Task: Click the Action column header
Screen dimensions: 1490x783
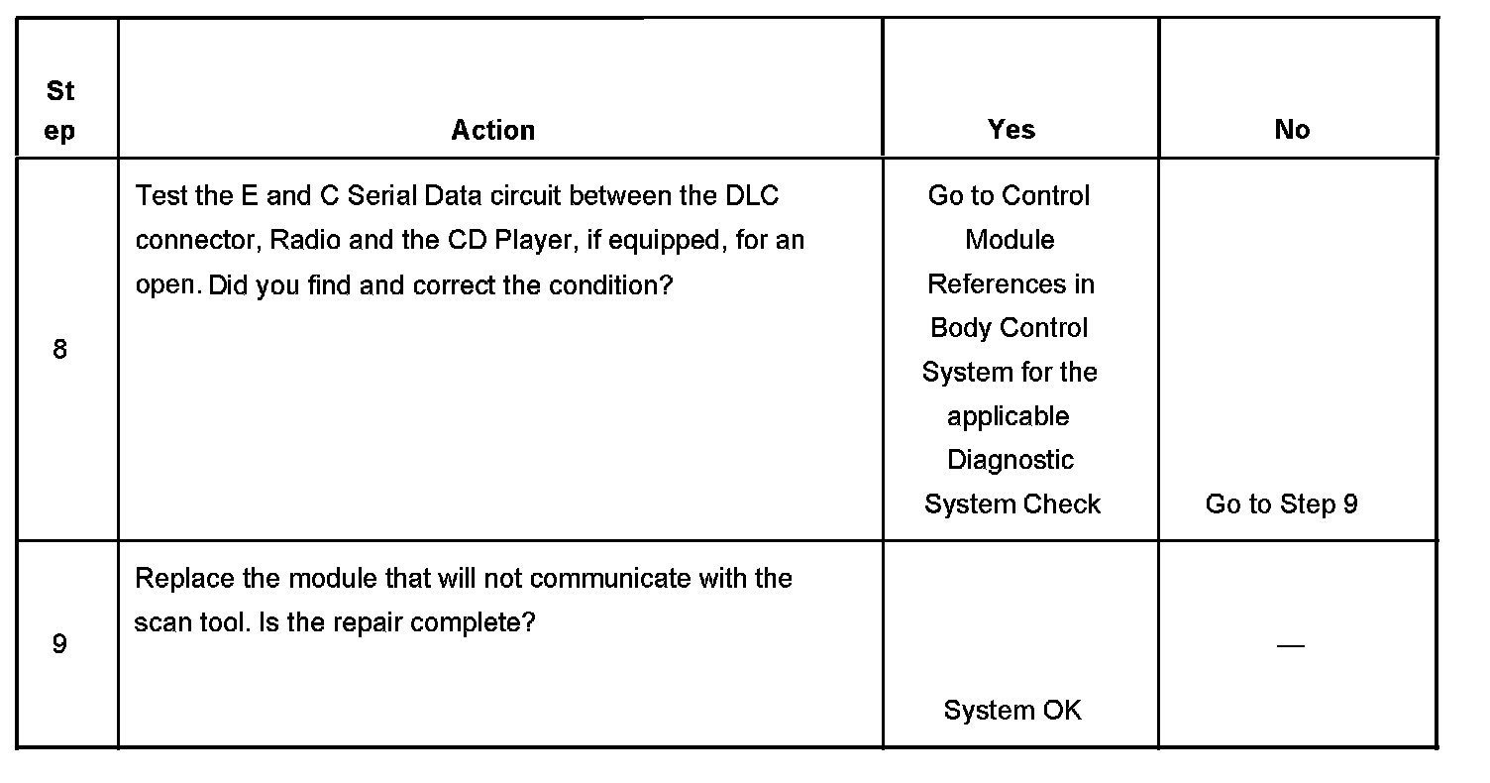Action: pyautogui.click(x=493, y=130)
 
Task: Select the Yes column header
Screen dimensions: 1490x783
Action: pyautogui.click(x=1011, y=130)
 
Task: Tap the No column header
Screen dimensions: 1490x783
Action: pyautogui.click(x=1292, y=130)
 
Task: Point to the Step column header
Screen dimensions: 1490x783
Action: pyautogui.click(x=59, y=111)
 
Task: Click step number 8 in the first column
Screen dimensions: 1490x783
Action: pyautogui.click(x=59, y=349)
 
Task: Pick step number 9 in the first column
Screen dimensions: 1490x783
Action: pyautogui.click(x=59, y=644)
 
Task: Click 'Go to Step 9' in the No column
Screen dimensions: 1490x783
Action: pyautogui.click(x=1281, y=503)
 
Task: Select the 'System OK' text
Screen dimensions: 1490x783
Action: pyautogui.click(x=1011, y=710)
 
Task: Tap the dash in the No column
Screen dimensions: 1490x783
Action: pyautogui.click(x=1290, y=645)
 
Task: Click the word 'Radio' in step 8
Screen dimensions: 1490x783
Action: pyautogui.click(x=298, y=240)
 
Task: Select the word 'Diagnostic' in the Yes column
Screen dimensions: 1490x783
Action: pyautogui.click(x=1011, y=460)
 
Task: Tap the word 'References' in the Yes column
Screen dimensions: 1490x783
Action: pyautogui.click(x=1011, y=284)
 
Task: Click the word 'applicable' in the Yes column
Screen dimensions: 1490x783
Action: pyautogui.click(x=1008, y=416)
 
